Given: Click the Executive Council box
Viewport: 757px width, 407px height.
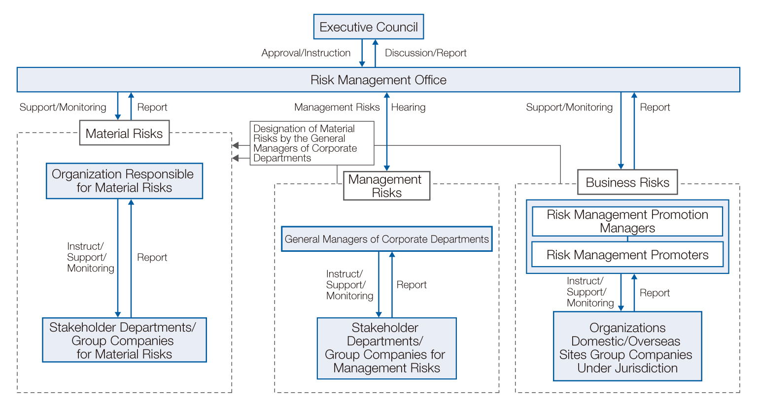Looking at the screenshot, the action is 368,27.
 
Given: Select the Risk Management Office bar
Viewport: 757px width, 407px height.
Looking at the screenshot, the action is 378,80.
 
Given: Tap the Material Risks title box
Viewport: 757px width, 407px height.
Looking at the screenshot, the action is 124,133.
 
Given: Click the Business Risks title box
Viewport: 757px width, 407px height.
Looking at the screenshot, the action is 627,182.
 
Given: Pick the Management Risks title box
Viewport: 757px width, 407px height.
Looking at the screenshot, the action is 386,186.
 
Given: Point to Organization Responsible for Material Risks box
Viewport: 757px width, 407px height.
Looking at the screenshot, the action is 124,181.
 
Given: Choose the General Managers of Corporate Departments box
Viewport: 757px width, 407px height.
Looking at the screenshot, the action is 386,239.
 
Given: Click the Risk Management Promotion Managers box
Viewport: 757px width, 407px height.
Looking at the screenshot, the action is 627,221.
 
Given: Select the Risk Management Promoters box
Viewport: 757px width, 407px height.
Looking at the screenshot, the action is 627,254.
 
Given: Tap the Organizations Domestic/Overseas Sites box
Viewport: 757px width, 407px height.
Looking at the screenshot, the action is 627,346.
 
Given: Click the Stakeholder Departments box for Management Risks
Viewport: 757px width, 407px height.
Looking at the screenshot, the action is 386,348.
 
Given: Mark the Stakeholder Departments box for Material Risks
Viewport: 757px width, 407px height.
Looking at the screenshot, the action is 124,340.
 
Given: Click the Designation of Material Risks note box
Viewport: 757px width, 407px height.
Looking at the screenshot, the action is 312,143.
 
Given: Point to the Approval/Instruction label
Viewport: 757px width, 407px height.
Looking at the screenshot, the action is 306,53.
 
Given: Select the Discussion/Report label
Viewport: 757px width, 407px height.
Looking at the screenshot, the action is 425,53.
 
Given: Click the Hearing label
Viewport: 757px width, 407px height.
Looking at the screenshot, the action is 408,107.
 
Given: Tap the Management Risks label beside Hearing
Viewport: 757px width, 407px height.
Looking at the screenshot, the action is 337,107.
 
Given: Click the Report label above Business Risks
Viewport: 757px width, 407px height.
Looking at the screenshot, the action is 654,107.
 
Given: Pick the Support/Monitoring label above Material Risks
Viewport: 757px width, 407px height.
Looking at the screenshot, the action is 63,107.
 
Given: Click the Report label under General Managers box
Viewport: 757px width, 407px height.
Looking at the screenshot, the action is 412,285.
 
